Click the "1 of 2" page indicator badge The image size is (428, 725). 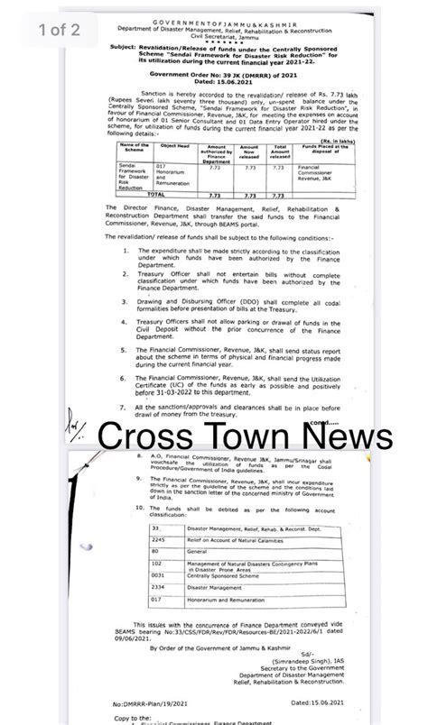pyautogui.click(x=60, y=30)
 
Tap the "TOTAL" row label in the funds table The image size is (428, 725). pyautogui.click(x=154, y=194)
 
